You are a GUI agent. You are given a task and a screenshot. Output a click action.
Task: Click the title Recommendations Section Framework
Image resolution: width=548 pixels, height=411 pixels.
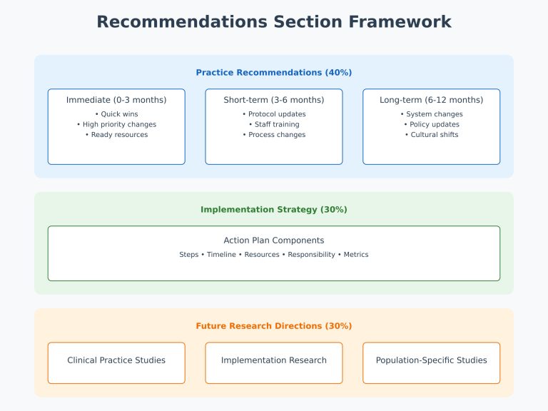click(274, 22)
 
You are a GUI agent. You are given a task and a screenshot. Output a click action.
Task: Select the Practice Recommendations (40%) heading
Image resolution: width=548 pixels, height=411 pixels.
click(274, 73)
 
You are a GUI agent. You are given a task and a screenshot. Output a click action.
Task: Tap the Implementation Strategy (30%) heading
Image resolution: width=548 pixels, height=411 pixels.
click(274, 210)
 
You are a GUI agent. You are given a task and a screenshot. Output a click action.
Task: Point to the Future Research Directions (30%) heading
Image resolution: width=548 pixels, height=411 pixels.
click(274, 326)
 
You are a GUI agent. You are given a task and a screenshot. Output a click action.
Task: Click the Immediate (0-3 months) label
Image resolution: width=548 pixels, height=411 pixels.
click(116, 100)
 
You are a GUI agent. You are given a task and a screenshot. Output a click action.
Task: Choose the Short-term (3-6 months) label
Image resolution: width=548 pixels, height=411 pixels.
click(274, 100)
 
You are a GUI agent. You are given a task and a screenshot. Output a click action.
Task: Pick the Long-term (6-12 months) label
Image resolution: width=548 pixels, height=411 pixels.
click(431, 100)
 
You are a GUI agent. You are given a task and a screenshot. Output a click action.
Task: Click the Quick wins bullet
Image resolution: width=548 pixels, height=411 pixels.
click(116, 114)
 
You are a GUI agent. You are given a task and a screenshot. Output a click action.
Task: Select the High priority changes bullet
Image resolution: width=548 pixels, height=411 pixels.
click(116, 124)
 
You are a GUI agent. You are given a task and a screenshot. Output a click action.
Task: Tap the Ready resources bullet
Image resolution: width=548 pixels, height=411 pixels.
click(116, 135)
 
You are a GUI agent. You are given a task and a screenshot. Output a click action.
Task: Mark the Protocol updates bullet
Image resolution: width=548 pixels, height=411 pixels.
click(274, 114)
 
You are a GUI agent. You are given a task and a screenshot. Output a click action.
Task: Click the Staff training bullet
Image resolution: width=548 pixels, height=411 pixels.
click(274, 124)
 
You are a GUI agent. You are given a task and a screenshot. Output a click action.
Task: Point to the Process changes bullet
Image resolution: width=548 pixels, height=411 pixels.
click(274, 135)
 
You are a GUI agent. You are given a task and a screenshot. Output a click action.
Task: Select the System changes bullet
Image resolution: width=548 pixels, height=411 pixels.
click(431, 114)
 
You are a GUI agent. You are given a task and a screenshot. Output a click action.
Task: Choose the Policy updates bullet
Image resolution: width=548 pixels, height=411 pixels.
click(431, 124)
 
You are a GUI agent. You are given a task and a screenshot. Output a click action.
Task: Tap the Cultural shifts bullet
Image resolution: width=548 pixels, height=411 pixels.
click(431, 135)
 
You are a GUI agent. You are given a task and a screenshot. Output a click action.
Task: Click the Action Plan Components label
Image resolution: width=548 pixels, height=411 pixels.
click(274, 240)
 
